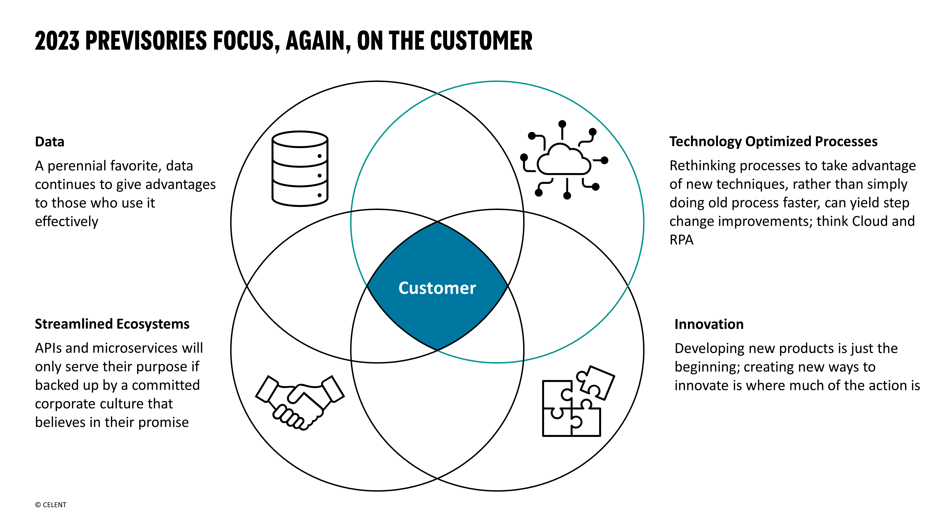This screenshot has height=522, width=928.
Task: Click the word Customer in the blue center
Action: pyautogui.click(x=437, y=288)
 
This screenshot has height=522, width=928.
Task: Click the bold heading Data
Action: pyautogui.click(x=49, y=142)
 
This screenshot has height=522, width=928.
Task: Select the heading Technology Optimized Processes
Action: pyautogui.click(x=773, y=142)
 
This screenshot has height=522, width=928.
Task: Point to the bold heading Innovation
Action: pyautogui.click(x=709, y=324)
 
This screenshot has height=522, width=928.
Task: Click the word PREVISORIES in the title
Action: pyautogui.click(x=146, y=40)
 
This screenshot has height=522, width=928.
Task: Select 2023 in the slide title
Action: pyautogui.click(x=57, y=40)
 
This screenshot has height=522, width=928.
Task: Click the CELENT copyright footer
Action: pyautogui.click(x=51, y=505)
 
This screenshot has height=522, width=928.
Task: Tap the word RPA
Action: pyautogui.click(x=681, y=240)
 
